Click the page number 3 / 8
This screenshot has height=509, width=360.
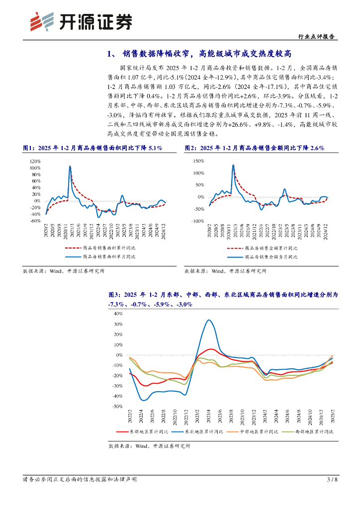tap(332, 479)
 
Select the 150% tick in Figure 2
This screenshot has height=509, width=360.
tap(198, 162)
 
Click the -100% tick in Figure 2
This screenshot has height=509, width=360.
tap(197, 221)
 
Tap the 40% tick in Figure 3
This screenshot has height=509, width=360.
tap(118, 314)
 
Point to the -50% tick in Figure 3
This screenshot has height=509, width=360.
tap(117, 407)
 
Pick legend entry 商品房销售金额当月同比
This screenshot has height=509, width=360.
tap(270, 257)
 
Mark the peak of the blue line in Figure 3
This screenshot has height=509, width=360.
tap(209, 320)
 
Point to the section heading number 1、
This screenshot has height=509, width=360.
tap(112, 53)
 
